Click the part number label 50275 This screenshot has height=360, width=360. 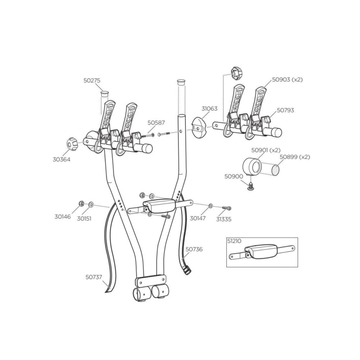tap(92, 81)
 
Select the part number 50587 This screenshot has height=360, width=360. tap(155, 122)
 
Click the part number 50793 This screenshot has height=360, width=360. tap(285, 110)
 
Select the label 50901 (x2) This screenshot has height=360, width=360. tap(265, 150)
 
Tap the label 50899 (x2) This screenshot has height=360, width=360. tap(295, 157)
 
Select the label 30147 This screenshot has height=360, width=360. tap(198, 218)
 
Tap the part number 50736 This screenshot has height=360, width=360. tap(194, 248)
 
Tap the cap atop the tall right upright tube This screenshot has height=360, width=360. tap(180, 82)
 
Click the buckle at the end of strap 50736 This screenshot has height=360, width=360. tap(187, 270)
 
